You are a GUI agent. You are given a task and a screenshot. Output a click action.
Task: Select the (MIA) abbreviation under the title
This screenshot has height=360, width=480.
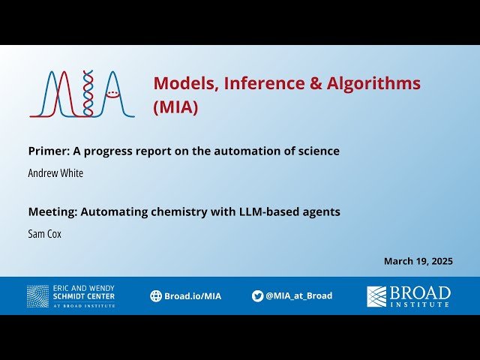click(175, 107)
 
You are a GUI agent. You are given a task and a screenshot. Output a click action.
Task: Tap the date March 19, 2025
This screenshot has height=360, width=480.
click(418, 261)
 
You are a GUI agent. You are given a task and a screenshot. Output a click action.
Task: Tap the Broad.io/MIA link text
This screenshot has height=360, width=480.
click(192, 295)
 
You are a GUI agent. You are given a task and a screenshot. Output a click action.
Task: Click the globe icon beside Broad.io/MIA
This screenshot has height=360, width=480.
click(156, 295)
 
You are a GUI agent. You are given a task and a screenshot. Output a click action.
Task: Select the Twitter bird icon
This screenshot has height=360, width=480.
click(257, 295)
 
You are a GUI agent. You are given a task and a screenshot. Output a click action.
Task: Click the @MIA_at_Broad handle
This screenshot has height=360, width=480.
click(298, 295)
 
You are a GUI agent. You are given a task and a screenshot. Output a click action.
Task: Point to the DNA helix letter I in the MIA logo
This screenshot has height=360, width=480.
click(88, 94)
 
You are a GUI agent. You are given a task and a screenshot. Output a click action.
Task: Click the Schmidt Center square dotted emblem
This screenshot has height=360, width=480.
click(37, 295)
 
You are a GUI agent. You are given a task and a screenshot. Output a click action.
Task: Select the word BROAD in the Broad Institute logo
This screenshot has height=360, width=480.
click(420, 292)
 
